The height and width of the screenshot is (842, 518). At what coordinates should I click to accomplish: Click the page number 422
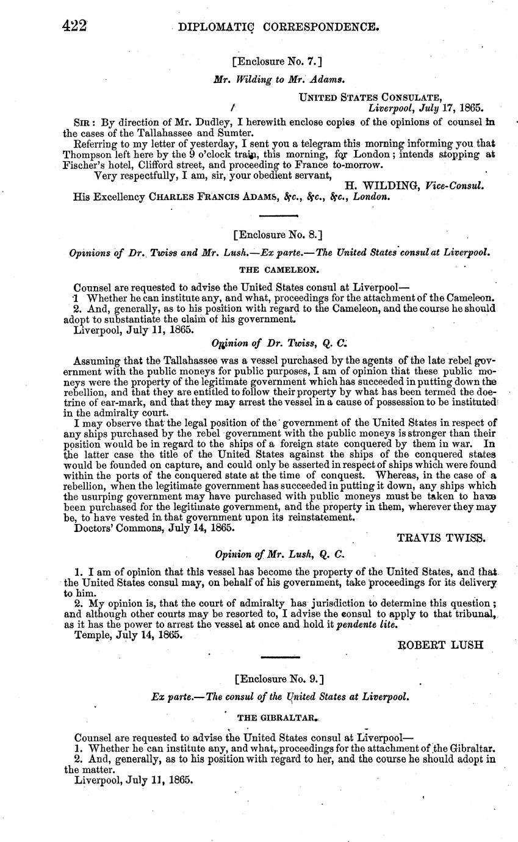click(75, 26)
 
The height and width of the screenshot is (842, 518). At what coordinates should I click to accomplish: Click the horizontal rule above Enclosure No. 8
click(278, 215)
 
